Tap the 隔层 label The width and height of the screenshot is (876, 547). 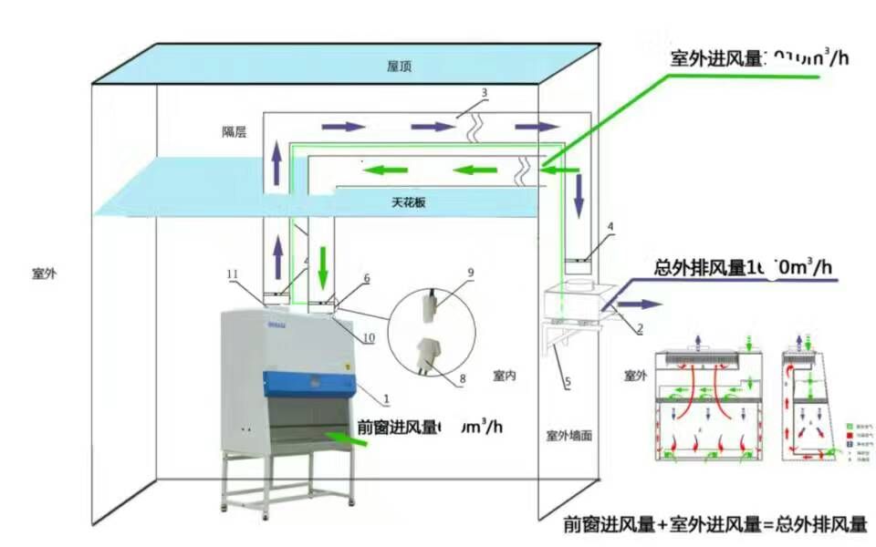coord(235,132)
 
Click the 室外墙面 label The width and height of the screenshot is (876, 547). coord(568,436)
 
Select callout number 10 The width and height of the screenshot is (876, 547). coord(369,338)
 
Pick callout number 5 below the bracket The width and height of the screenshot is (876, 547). coord(567,384)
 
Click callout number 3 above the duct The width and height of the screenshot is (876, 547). coord(485,93)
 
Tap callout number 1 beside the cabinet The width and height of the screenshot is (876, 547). coord(386,398)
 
